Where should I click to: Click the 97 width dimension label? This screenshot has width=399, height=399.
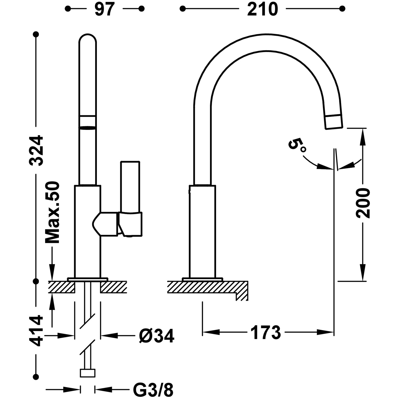coord(104,9)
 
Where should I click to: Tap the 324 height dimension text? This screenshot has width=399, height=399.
coord(36,151)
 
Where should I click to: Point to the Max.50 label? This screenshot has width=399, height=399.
coord(52,213)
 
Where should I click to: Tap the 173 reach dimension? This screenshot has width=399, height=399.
coord(265,332)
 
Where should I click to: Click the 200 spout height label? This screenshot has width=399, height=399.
coord(363,203)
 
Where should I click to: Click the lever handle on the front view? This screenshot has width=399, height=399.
coord(130,186)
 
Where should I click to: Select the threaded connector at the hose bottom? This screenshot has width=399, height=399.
coord(88,373)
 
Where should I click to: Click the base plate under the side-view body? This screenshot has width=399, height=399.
coord(202,279)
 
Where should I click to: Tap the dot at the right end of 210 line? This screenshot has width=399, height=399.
coord(342,9)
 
